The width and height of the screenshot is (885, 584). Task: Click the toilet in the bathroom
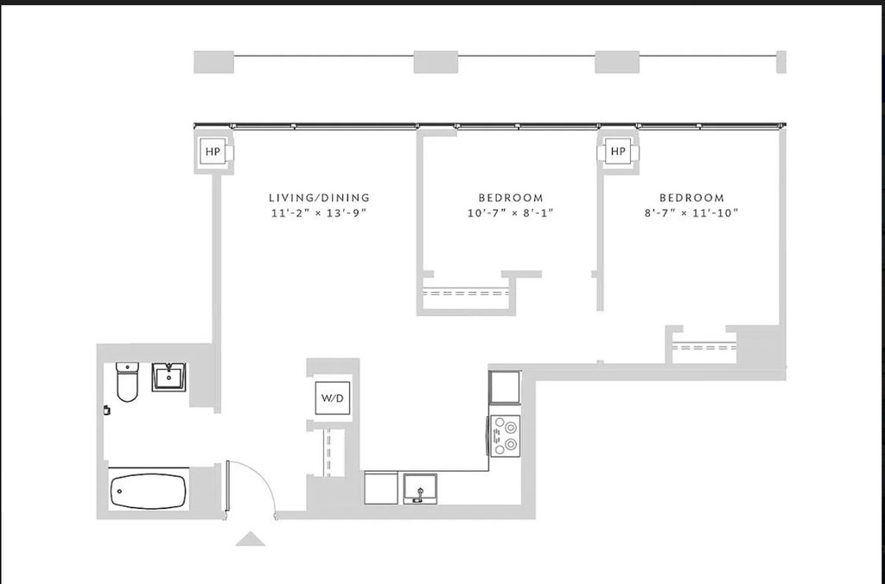127,382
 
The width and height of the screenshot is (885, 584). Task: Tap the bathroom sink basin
169,377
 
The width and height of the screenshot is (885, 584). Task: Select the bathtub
148,491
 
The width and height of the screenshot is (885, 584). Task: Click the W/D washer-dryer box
333,397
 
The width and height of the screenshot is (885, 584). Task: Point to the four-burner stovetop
505,435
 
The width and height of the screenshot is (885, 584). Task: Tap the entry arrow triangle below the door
250,539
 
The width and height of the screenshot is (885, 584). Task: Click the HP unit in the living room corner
213,151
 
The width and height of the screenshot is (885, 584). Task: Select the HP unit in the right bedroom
618,151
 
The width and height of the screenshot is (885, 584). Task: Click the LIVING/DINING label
320,198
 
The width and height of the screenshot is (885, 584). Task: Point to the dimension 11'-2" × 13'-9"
320,213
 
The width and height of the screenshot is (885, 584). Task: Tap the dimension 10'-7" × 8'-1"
511,213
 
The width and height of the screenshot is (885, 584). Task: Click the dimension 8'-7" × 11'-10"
692,213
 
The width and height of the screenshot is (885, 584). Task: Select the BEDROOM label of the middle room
511,198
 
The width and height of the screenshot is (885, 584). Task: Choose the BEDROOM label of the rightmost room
692,198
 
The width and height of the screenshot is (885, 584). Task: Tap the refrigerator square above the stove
505,387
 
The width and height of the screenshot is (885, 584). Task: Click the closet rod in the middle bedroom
466,293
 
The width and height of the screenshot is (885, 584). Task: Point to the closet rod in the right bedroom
704,347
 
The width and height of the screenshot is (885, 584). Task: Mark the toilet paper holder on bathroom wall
106,410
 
